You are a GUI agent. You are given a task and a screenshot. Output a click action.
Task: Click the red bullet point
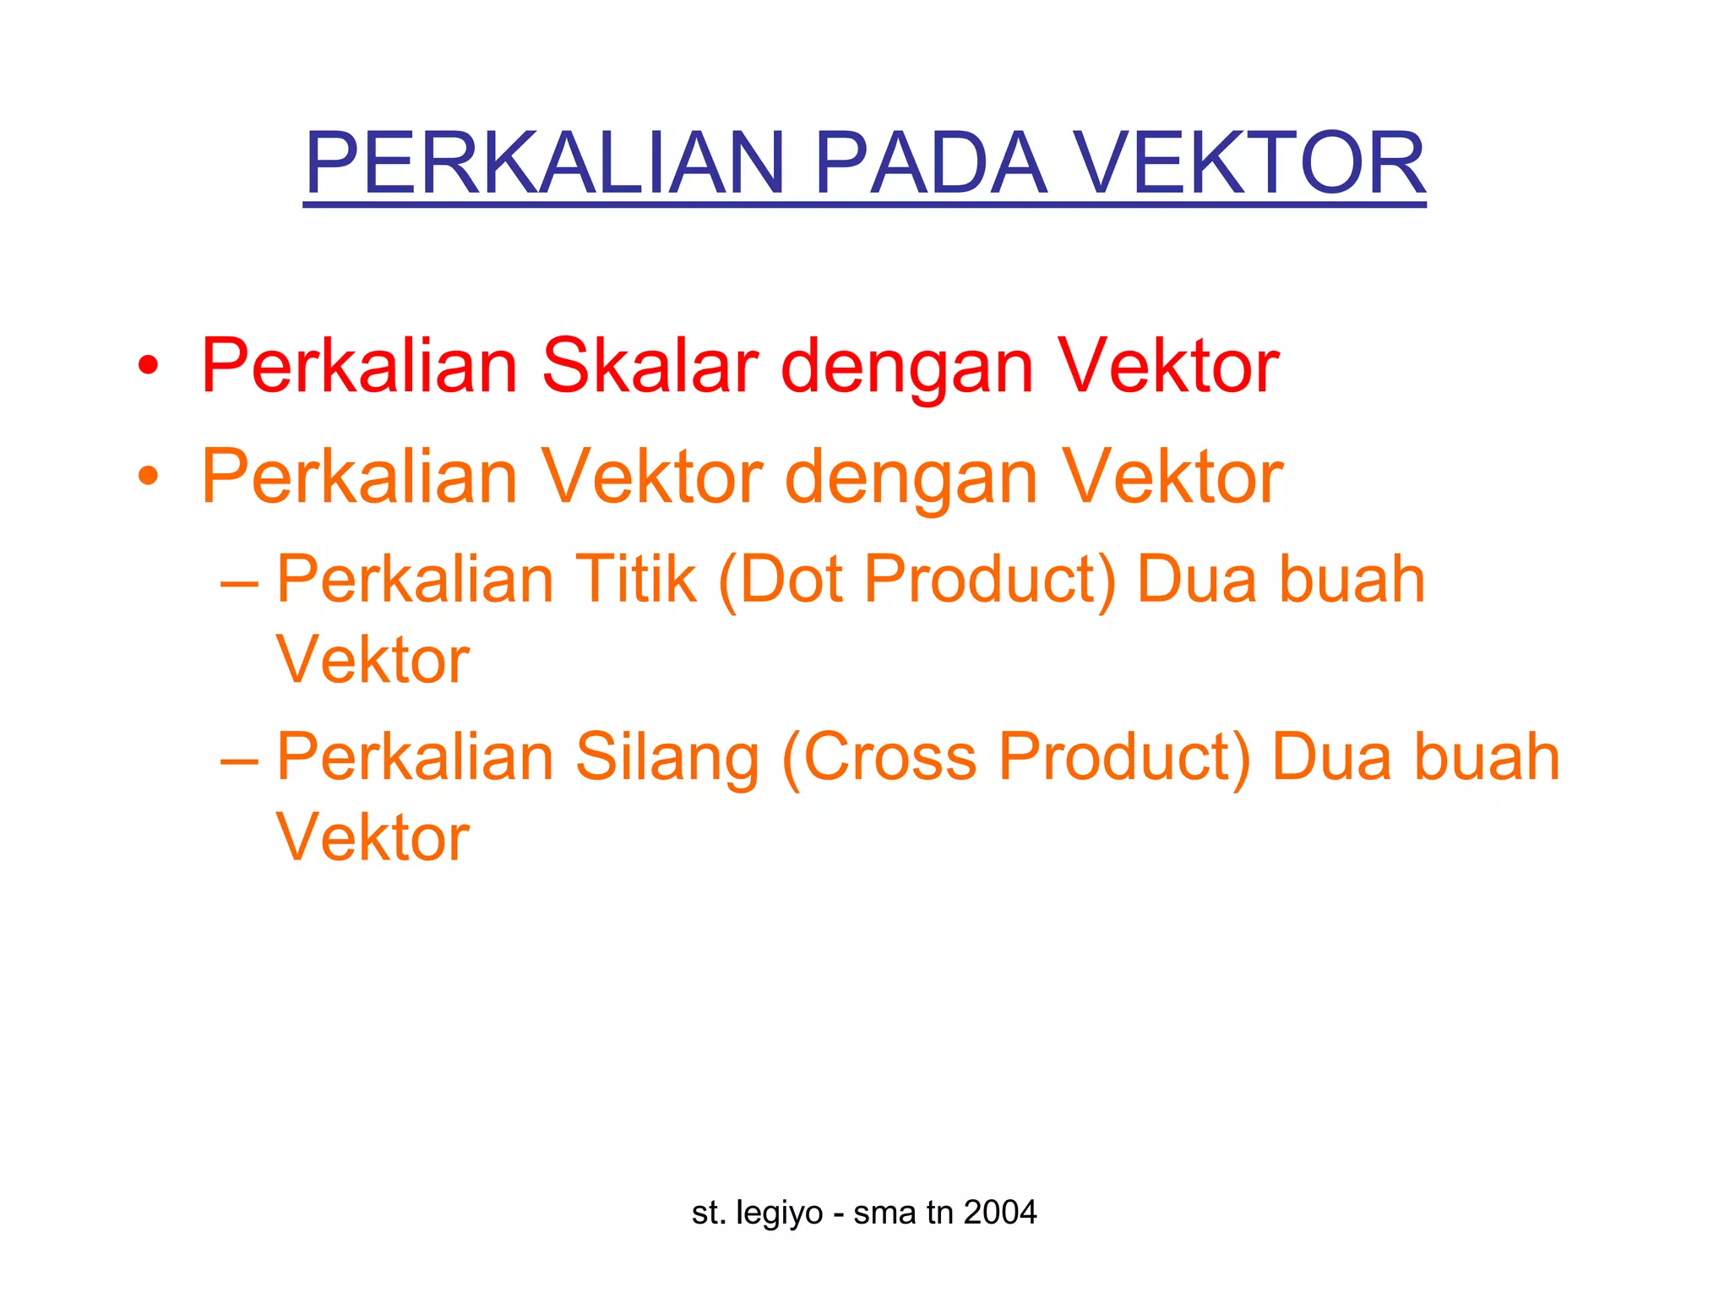[149, 366]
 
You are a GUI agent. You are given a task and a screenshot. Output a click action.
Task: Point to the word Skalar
[650, 366]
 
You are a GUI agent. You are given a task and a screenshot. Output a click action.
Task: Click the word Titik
[636, 580]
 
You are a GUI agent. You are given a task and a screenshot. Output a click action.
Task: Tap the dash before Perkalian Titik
[239, 583]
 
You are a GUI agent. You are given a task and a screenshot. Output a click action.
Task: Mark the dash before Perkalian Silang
[239, 761]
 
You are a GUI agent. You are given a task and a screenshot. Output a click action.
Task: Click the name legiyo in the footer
[779, 1213]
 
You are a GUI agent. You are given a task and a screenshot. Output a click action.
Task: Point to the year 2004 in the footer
[1000, 1213]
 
